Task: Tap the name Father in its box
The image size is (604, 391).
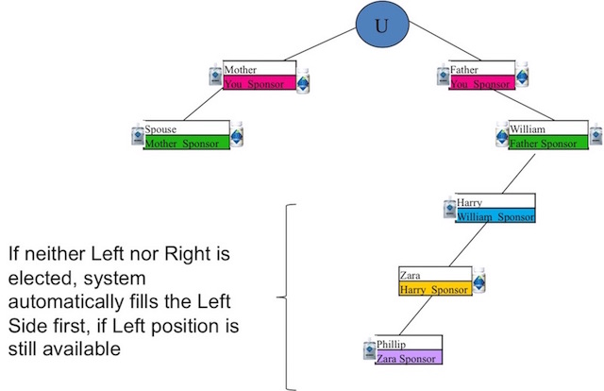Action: coord(465,70)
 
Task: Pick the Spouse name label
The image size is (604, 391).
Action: coord(161,128)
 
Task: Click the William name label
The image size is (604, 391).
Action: coord(527,128)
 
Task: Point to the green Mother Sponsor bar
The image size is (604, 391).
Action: coord(186,144)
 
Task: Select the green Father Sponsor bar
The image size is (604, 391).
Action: coord(553,144)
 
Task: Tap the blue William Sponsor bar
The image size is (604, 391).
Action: coord(495,216)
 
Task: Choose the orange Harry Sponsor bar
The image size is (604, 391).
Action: coord(434,289)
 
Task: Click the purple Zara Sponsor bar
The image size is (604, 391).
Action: coord(409,358)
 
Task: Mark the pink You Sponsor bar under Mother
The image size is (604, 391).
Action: coord(260,84)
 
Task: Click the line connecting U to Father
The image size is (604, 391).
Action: coord(420,47)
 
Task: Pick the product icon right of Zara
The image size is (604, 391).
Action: coord(479,280)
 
